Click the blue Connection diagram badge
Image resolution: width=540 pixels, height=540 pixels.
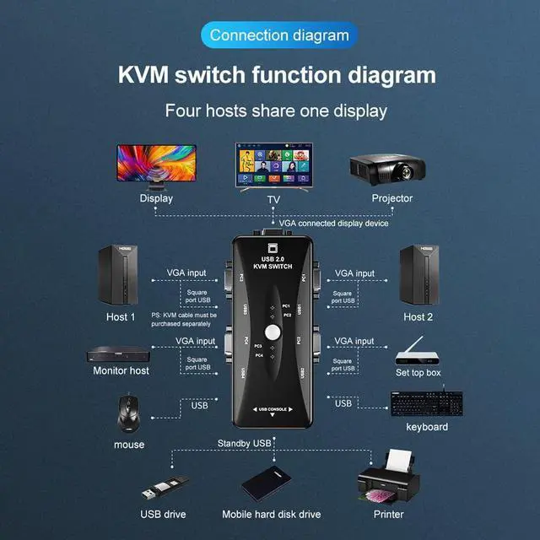278,35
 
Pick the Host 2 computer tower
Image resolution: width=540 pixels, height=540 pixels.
418,276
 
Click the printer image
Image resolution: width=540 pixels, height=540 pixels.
389,478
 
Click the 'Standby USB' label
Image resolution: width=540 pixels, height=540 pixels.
244,443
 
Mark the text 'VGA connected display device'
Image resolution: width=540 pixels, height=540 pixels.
334,224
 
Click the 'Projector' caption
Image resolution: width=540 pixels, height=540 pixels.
392,198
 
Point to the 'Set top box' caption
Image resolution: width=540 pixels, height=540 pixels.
418,372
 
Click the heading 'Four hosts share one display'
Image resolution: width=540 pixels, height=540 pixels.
276,111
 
